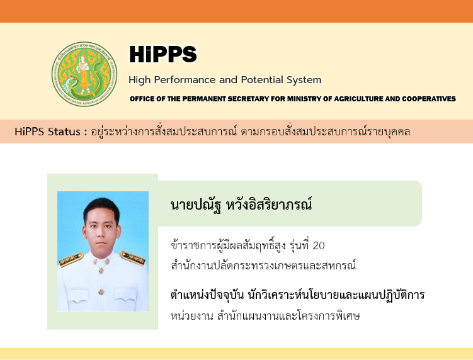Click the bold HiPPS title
tap(163, 54)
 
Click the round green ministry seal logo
tap(84, 74)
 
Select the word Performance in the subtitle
tap(185, 80)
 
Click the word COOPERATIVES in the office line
tap(429, 99)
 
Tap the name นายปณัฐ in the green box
tap(196, 205)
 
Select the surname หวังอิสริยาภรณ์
tap(269, 204)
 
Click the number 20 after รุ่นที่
tap(319, 245)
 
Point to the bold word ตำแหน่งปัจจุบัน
tap(207, 295)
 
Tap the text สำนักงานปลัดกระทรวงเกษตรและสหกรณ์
tap(263, 265)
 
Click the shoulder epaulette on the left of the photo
tap(71, 259)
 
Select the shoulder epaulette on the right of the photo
tap(133, 259)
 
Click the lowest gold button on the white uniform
tap(101, 291)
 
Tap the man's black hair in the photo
tap(101, 209)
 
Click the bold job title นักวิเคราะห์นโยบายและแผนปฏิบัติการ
tap(336, 295)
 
